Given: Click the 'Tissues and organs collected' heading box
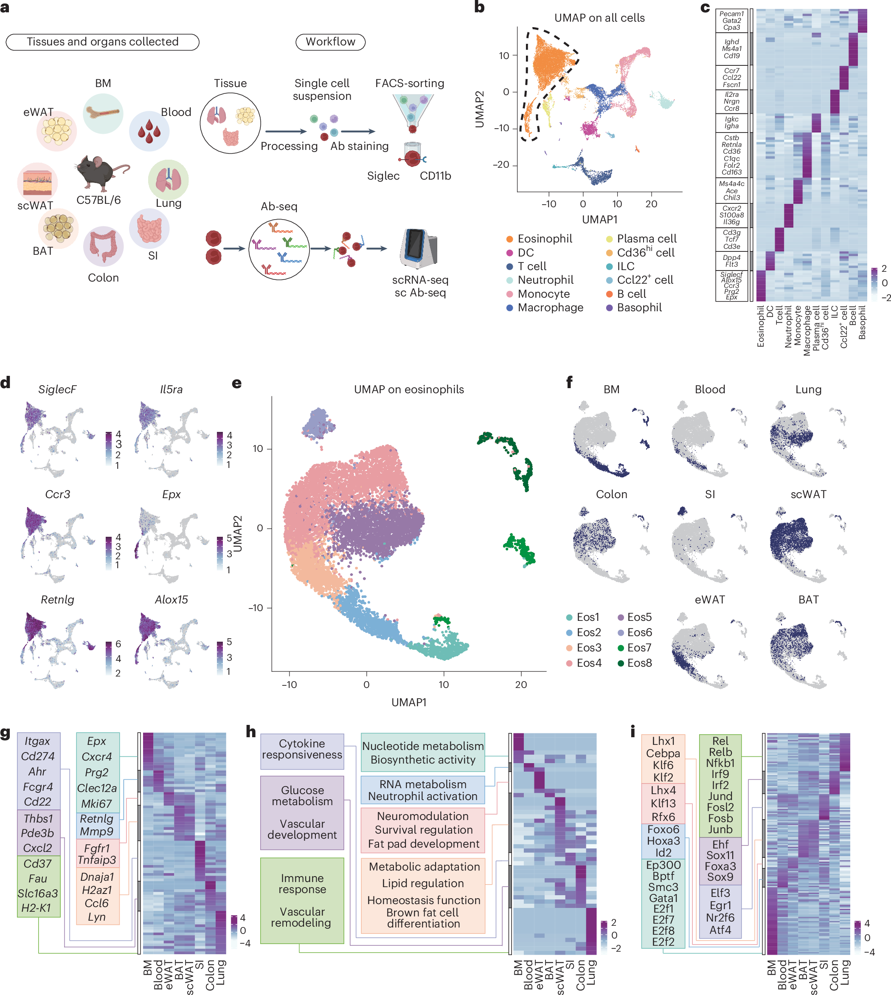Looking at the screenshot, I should (x=102, y=42).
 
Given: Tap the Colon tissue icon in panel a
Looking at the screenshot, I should (x=103, y=246).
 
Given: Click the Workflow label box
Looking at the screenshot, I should (x=330, y=42).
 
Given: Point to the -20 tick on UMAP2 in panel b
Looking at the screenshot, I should (x=501, y=164).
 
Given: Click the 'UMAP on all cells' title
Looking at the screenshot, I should (x=599, y=18).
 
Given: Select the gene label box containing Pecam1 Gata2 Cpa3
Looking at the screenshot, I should (x=731, y=20).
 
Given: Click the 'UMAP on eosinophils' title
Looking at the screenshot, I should (x=409, y=389).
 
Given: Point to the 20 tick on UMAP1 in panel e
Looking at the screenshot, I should (x=521, y=685).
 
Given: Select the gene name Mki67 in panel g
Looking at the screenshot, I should (x=96, y=803).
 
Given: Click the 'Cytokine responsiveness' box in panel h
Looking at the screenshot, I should (x=302, y=749).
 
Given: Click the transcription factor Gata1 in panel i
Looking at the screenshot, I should (x=663, y=898).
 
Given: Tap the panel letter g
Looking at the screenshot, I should (x=6, y=733).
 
